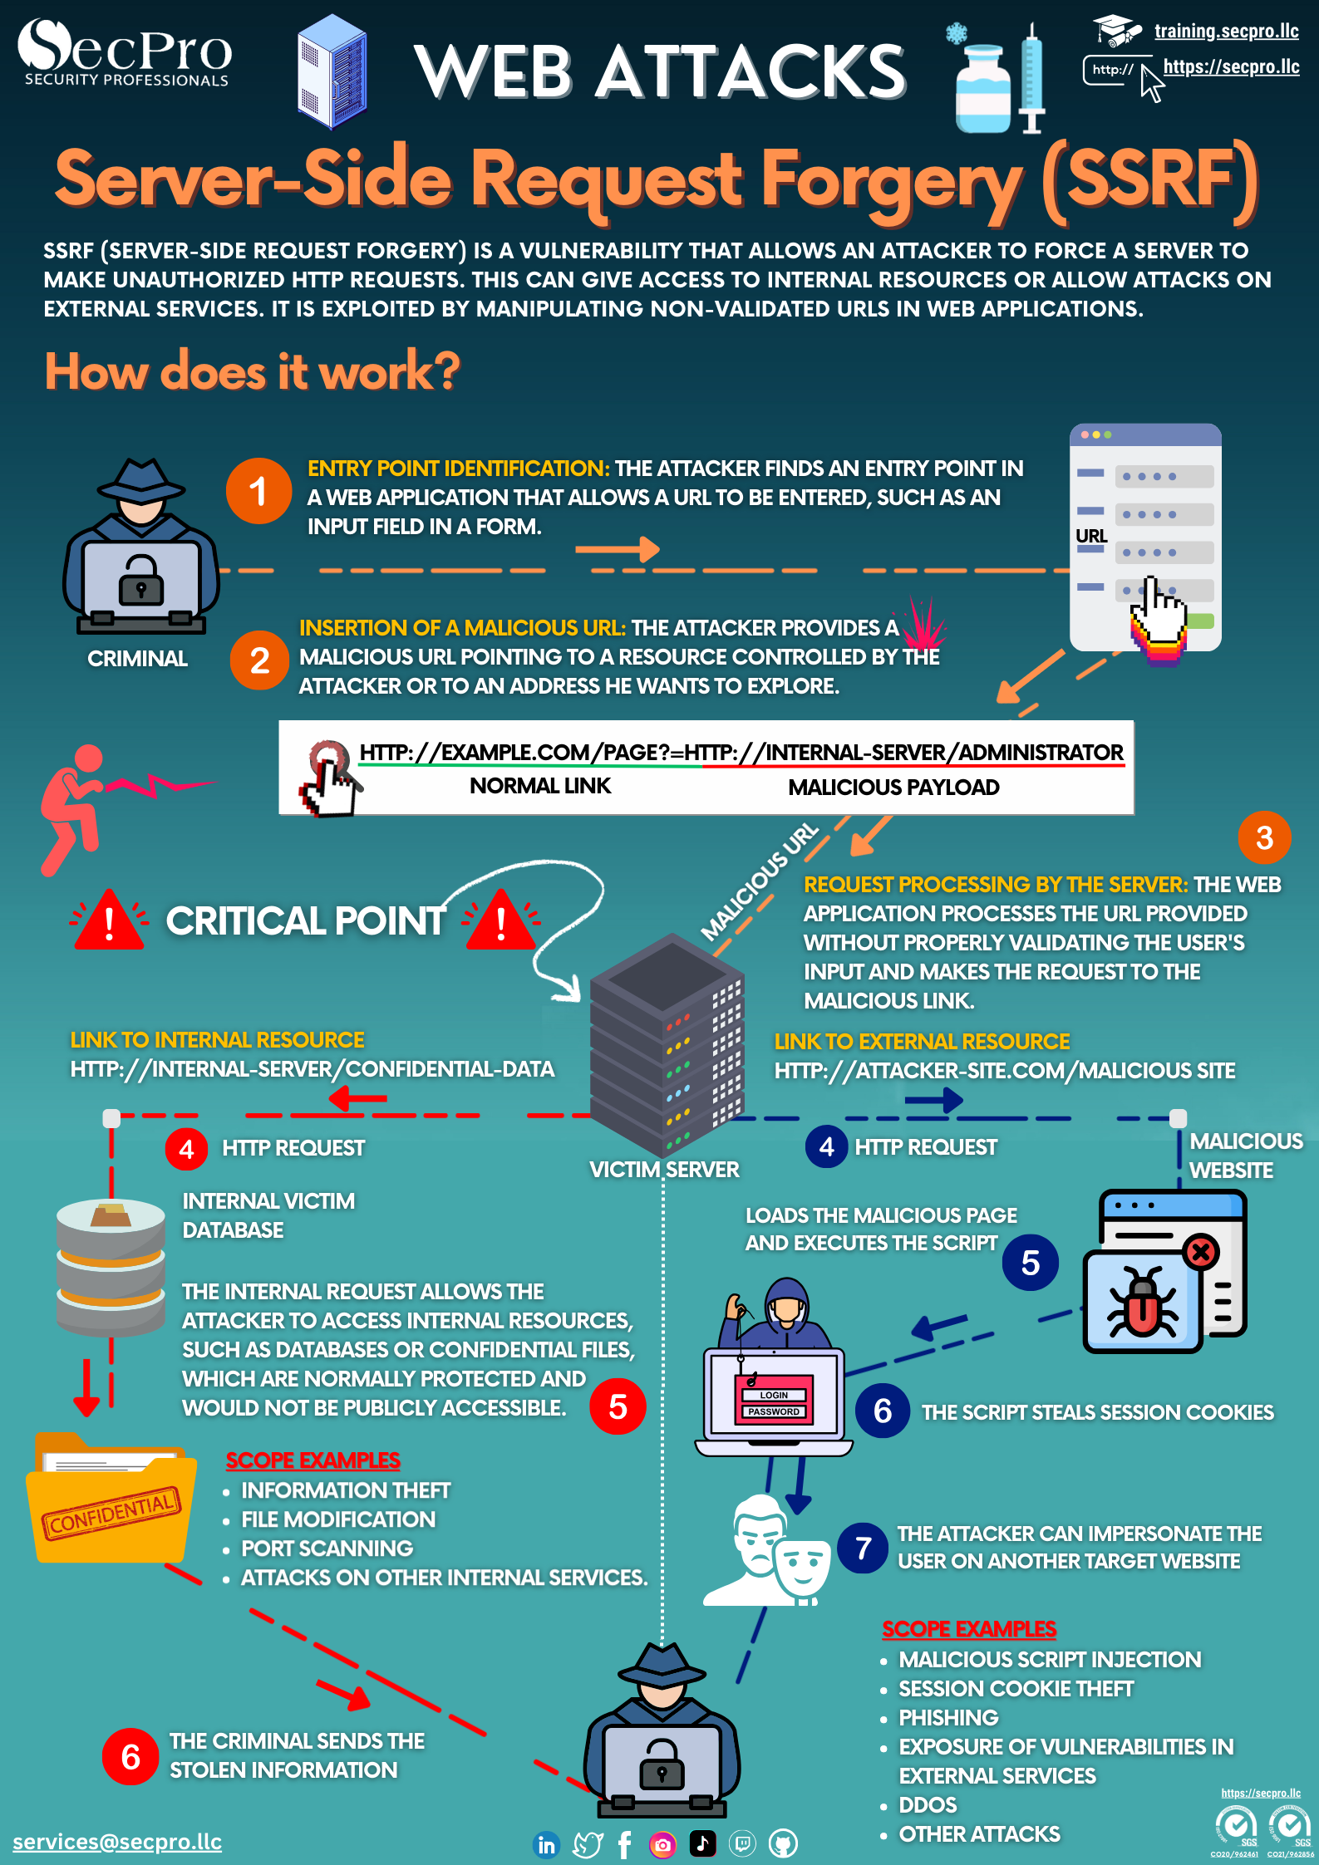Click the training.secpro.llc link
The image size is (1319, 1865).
click(x=1226, y=32)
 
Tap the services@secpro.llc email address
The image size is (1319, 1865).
click(x=117, y=1842)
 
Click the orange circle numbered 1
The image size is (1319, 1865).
click(x=258, y=491)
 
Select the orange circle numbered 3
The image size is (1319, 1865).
click(x=1264, y=837)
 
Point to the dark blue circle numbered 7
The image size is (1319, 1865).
click(x=864, y=1548)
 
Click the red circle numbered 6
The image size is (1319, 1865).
click(x=130, y=1757)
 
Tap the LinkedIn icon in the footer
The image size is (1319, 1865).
click(x=546, y=1844)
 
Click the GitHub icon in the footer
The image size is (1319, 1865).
click(x=783, y=1844)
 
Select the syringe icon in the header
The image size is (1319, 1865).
click(x=1031, y=78)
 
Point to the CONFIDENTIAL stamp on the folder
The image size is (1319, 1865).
click(x=111, y=1513)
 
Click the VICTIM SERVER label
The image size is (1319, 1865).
click(x=664, y=1170)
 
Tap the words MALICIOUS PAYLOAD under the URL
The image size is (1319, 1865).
click(x=893, y=788)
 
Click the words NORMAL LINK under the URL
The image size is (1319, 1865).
click(x=540, y=786)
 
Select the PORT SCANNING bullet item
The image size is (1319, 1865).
click(x=327, y=1548)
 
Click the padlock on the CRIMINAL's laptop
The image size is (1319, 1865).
click(x=141, y=579)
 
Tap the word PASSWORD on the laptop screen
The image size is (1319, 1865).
click(x=773, y=1411)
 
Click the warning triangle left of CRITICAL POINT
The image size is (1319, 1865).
click(x=109, y=920)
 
